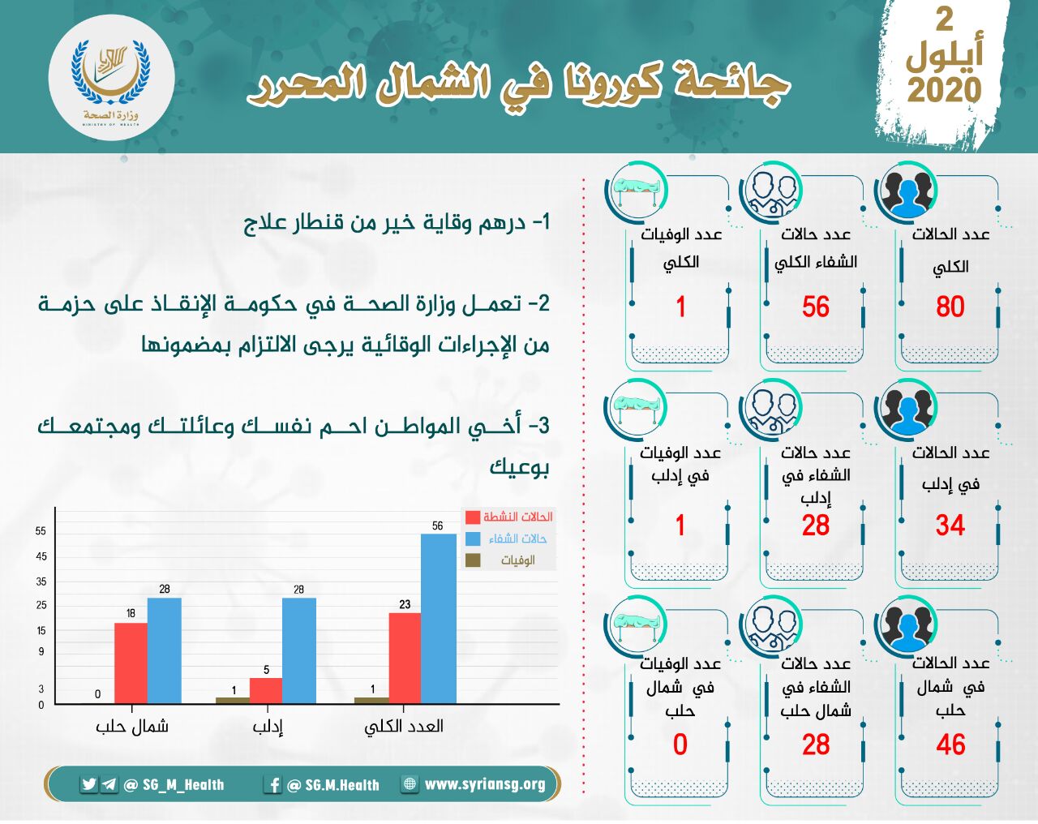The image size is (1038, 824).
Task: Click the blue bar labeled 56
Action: point(439,619)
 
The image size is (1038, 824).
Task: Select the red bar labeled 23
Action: point(405,658)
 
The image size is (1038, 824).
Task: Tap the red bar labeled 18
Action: point(131,663)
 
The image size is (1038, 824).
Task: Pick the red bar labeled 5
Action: point(266,691)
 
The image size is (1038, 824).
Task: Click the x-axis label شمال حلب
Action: point(131,727)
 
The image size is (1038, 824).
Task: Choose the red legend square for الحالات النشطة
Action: point(473,517)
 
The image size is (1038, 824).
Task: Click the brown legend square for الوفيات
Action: point(473,560)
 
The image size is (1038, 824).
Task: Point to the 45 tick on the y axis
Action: point(41,556)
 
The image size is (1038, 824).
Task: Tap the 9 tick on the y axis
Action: point(41,652)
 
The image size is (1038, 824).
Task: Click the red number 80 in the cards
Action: point(950,307)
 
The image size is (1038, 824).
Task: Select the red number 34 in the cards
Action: point(950,526)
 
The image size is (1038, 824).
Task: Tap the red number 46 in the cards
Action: point(950,745)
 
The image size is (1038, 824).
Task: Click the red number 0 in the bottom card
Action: point(680,745)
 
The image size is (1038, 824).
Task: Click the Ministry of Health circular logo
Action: point(111,78)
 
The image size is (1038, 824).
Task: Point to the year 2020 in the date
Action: point(945,90)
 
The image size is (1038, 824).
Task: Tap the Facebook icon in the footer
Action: point(273,785)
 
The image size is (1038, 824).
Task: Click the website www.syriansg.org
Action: point(485,784)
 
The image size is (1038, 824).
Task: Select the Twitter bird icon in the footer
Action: point(89,784)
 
